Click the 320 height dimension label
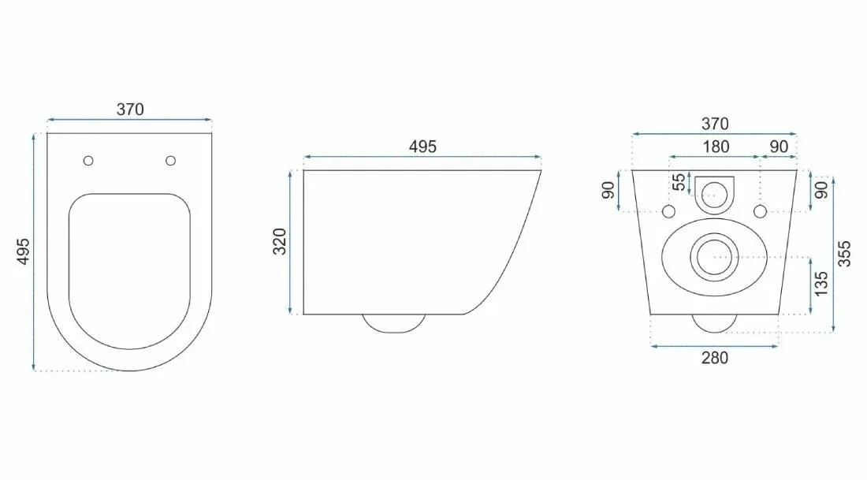(x=281, y=242)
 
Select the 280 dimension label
(x=714, y=358)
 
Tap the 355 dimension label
(x=844, y=254)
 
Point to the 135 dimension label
(x=821, y=284)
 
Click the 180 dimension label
(x=716, y=147)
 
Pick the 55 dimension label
(x=679, y=183)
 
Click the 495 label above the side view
(x=422, y=147)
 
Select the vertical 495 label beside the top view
(x=23, y=251)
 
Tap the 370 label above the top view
(x=130, y=110)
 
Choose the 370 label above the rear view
(x=715, y=124)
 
